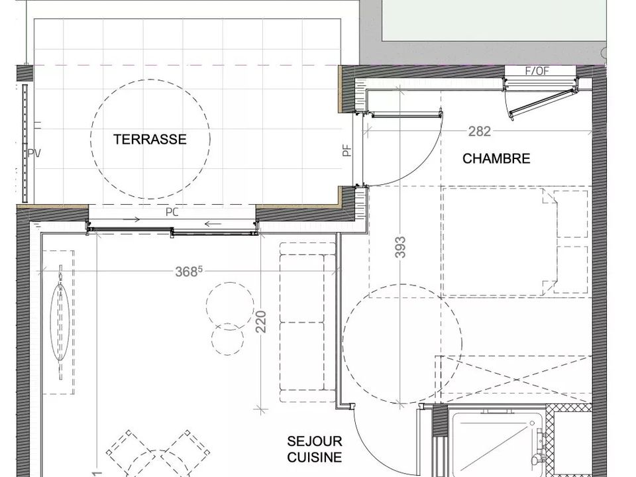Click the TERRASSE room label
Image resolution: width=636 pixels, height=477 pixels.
[x=150, y=139]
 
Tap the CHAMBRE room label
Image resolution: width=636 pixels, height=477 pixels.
[x=496, y=158]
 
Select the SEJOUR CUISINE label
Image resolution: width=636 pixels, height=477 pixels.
[x=314, y=449]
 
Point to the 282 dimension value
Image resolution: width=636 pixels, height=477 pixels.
[x=480, y=131]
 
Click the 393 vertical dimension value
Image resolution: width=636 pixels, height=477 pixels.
[x=400, y=247]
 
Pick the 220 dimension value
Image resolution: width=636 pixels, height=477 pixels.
[x=261, y=321]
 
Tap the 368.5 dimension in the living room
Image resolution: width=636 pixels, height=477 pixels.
[x=189, y=271]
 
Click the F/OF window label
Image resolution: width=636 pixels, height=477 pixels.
[x=537, y=71]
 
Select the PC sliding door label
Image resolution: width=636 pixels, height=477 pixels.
[x=172, y=212]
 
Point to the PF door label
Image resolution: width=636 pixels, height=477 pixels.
[x=346, y=151]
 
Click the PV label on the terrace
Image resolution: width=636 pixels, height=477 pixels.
[x=34, y=153]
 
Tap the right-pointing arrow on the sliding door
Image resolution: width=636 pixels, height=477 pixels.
[x=131, y=220]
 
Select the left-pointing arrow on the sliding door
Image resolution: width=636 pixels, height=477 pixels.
[x=213, y=223]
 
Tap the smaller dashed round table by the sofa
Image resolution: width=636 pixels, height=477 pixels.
[x=228, y=324]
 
